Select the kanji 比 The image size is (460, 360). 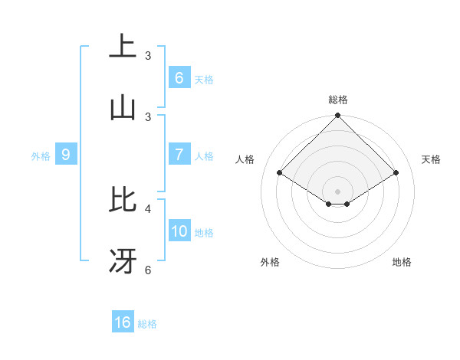pos(123,200)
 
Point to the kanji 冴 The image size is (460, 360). pos(123,262)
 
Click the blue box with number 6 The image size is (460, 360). pos(179,78)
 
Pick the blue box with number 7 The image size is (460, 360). pos(179,155)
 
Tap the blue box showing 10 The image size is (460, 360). pos(179,231)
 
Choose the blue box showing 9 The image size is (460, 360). pos(66,155)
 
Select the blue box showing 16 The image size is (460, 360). pos(123,322)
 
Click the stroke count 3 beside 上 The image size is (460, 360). pos(148,55)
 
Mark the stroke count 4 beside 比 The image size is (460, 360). pos(148,208)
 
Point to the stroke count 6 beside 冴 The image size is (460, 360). pos(148,270)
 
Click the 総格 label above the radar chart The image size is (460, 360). pos(338,100)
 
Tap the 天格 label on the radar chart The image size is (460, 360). pos(432,159)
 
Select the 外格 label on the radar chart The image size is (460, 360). pos(270,262)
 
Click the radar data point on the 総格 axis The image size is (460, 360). pos(338,116)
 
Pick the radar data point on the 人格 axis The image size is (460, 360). pos(280,172)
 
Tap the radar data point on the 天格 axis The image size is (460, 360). pos(396,172)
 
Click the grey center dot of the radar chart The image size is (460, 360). pos(338,191)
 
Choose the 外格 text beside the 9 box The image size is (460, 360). pos(41,156)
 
